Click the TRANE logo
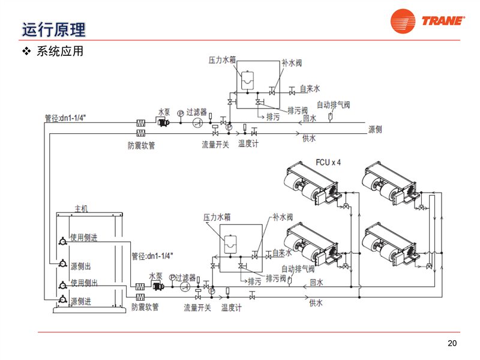pos(427,22)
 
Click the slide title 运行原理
pos(53,28)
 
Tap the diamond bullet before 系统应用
pos(26,51)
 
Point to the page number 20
pos(452,343)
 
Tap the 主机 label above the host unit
pos(81,209)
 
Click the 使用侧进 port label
pos(85,237)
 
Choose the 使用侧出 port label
pos(85,283)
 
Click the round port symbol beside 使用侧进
pos(63,241)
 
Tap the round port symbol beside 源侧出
pos(63,263)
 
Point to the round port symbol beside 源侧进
pos(63,298)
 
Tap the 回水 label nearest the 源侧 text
pos(310,119)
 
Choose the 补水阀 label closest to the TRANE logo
pos(292,62)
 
